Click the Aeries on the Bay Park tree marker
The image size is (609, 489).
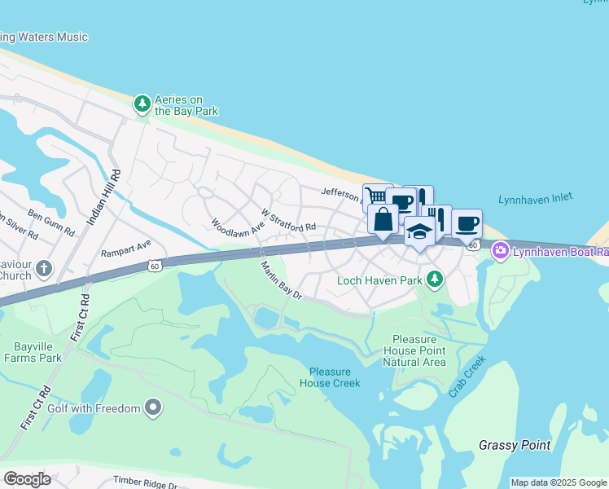142,103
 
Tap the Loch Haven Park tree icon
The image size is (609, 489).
436,280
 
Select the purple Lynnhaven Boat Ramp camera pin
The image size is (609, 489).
500,252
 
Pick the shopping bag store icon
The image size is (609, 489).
383,218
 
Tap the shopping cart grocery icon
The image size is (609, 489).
376,196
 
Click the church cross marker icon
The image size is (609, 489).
45,267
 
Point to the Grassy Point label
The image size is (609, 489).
515,445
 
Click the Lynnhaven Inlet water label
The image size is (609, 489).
535,198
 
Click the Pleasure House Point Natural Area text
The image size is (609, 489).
419,350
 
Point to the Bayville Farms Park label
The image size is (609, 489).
33,351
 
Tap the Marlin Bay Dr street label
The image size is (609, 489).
282,280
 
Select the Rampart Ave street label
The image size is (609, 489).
126,248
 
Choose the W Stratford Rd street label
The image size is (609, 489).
287,220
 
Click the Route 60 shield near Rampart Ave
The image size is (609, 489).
155,266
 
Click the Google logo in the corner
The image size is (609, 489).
28,479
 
